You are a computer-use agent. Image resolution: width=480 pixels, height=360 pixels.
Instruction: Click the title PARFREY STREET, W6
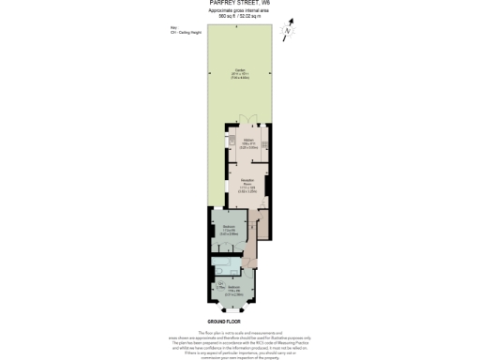pyautogui.click(x=239, y=3)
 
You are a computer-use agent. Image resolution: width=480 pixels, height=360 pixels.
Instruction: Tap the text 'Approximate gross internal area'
pyautogui.click(x=239, y=10)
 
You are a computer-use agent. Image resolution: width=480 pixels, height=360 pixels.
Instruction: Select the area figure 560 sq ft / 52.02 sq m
pyautogui.click(x=239, y=16)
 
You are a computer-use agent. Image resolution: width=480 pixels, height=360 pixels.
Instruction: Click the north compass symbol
pyautogui.click(x=290, y=29)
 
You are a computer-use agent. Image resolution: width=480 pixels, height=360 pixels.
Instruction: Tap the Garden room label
pyautogui.click(x=239, y=72)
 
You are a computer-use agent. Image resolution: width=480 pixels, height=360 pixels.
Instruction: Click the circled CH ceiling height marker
pyautogui.click(x=219, y=282)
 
